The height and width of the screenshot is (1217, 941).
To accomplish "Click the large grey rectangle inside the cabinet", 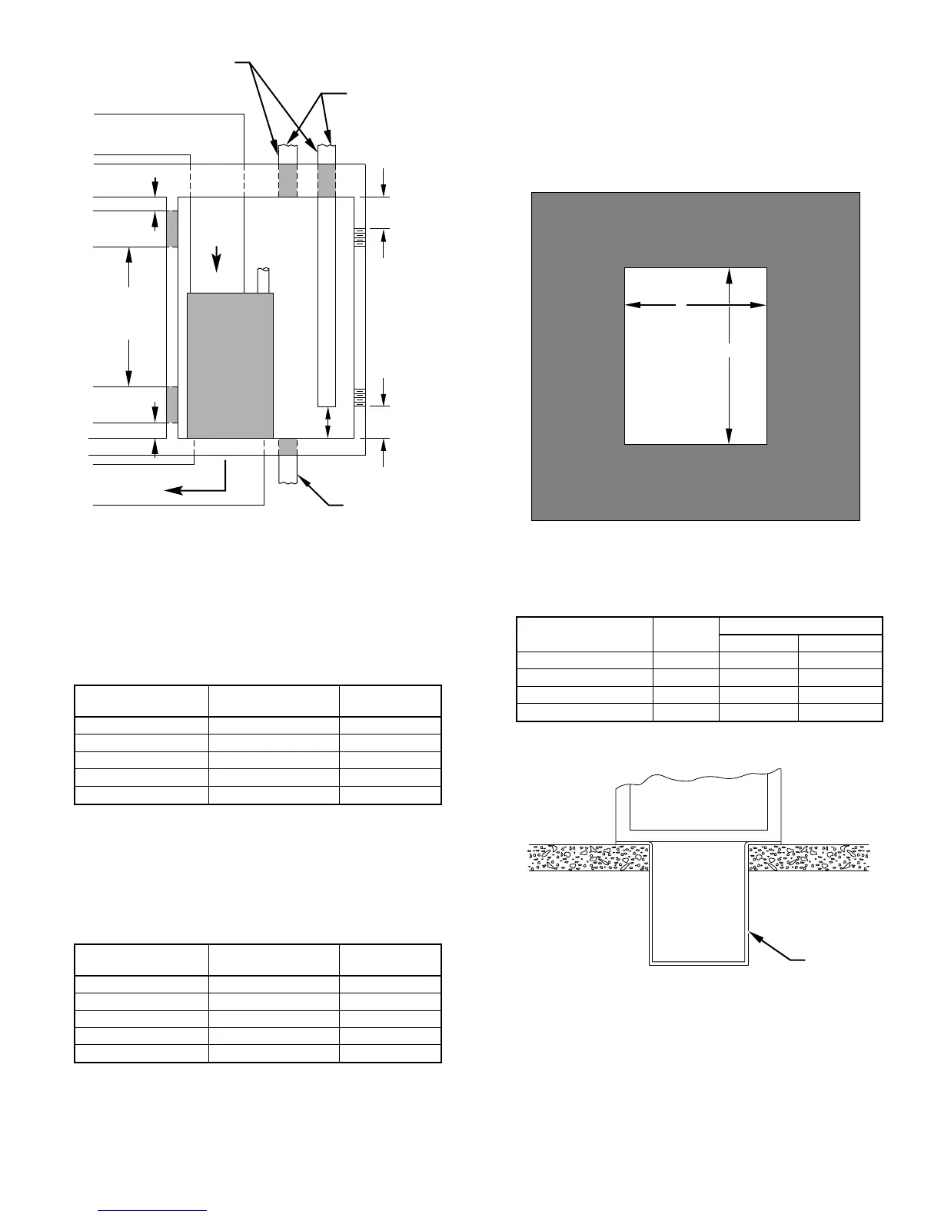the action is (x=230, y=365).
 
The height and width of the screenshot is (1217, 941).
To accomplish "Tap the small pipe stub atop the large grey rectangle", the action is (x=264, y=280).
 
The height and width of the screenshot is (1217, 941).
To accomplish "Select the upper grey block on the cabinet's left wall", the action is (x=172, y=228).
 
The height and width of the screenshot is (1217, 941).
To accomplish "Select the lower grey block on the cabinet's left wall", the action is (x=172, y=404).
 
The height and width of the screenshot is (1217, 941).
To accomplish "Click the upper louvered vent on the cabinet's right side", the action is (x=359, y=237).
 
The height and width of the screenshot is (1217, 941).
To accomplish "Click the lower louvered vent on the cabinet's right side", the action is (x=359, y=397).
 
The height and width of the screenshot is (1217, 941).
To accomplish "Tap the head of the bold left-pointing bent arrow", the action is (x=171, y=489).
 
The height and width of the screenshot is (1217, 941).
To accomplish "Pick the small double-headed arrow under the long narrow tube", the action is (x=328, y=422).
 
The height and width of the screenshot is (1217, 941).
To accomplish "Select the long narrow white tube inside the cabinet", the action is (x=327, y=300).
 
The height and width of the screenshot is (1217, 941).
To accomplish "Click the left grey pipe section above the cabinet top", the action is (x=288, y=180).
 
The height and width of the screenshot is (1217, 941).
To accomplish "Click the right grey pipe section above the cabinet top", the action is (x=327, y=180).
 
